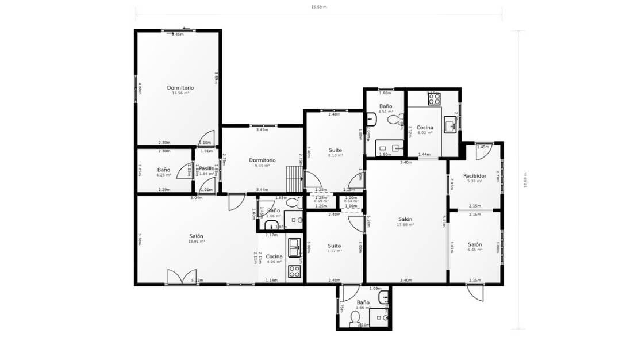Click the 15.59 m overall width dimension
(x=318, y=7)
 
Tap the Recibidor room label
(x=475, y=176)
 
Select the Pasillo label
(x=206, y=168)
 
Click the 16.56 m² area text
(x=180, y=93)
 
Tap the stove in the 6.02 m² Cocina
(x=433, y=99)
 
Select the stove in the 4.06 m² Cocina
(x=294, y=271)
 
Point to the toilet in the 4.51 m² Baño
(x=394, y=120)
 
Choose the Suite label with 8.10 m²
(x=335, y=150)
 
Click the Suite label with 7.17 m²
(x=334, y=246)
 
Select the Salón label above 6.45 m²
(x=475, y=244)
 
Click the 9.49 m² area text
(x=262, y=166)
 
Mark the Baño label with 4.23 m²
(x=164, y=170)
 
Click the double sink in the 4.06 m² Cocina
(x=294, y=247)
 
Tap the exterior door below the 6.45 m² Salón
(x=474, y=292)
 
